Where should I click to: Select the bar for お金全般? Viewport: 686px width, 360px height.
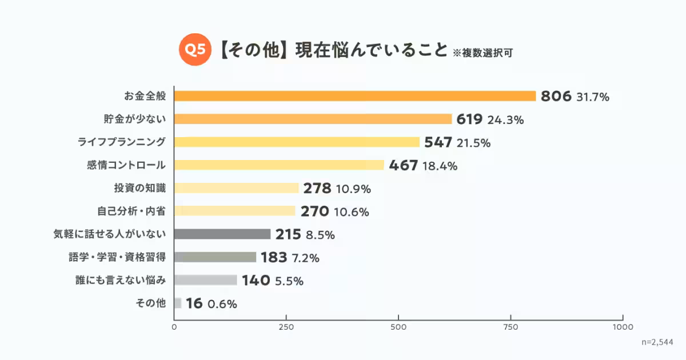coord(354,96)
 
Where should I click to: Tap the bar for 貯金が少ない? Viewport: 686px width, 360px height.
coord(313,119)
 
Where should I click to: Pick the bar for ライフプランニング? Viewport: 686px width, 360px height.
coord(297,142)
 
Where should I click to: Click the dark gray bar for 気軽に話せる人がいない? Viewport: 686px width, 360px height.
coord(222,234)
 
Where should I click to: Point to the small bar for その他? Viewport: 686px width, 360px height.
coord(177,303)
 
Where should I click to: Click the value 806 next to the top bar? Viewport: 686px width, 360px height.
coord(556,97)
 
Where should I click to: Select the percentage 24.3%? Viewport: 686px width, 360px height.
coord(505,120)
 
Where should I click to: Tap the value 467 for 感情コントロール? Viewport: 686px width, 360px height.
coord(403,166)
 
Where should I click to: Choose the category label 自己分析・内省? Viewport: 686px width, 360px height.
coord(131,211)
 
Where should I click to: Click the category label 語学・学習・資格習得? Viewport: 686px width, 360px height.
coord(117,257)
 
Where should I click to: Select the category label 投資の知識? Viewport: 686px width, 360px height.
coord(140,188)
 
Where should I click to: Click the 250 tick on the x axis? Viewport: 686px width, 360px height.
coord(286,327)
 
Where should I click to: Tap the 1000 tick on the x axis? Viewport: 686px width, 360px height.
coord(623,327)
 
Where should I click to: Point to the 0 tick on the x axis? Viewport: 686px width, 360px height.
coord(174,327)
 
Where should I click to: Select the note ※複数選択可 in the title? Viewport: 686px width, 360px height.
coord(482,53)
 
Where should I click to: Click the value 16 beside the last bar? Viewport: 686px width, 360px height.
coord(194,303)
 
